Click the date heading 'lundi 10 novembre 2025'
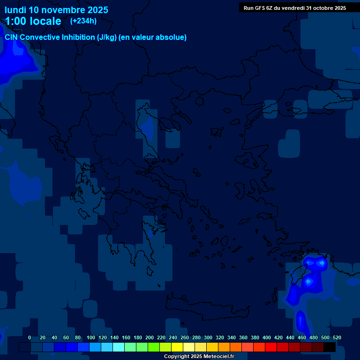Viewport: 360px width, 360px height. click(x=56, y=10)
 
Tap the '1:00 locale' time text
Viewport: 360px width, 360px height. click(x=33, y=21)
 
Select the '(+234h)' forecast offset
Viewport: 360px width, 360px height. click(x=83, y=21)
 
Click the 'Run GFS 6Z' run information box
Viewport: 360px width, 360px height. click(x=295, y=8)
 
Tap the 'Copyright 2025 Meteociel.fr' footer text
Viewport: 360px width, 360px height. click(x=199, y=357)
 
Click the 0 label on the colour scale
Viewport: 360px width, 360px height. click(x=30, y=337)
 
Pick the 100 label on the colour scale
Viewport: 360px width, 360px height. click(x=91, y=337)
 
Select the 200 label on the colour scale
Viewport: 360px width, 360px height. click(x=150, y=337)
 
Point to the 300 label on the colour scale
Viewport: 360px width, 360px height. click(x=208, y=337)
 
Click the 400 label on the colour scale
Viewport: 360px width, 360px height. click(x=267, y=337)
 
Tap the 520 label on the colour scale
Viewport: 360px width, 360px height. click(x=337, y=337)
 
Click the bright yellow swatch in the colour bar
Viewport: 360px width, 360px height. click(x=177, y=347)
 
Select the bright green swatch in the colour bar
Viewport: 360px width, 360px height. click(x=154, y=347)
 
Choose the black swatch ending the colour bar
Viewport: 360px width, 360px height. click(x=330, y=347)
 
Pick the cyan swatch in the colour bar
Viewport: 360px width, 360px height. click(x=119, y=347)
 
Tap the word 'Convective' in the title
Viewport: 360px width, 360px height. click(x=40, y=37)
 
